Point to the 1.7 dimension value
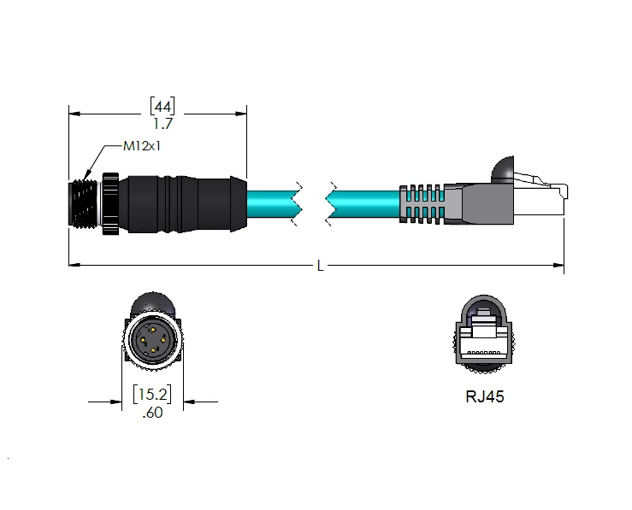(162, 124)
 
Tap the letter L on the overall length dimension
(320, 266)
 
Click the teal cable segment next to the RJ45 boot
(363, 204)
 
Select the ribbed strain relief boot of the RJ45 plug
(423, 204)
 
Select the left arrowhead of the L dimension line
(74, 266)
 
